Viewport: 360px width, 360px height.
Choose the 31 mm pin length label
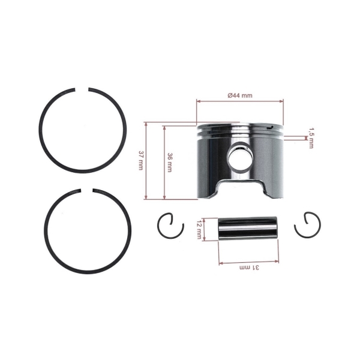point(248,268)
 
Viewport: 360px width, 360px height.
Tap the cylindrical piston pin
point(247,228)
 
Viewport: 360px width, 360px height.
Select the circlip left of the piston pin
point(169,226)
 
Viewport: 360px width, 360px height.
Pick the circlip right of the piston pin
point(307,225)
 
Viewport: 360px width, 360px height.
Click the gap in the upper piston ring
point(83,91)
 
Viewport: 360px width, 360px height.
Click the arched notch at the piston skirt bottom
point(241,185)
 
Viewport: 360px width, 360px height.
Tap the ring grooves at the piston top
point(240,131)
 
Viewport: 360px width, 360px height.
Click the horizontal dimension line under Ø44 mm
point(240,101)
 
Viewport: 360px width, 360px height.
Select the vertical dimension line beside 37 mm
point(146,161)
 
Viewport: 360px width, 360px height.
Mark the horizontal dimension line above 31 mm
point(248,262)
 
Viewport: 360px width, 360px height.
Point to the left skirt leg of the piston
point(208,186)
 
